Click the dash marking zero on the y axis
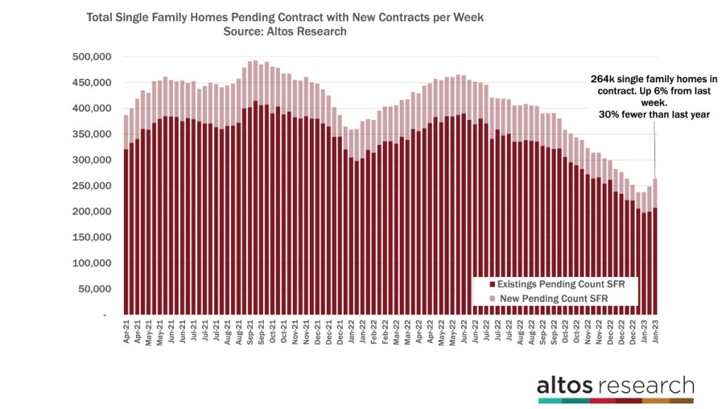104,315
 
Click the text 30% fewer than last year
645,114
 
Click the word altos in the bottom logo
566,386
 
